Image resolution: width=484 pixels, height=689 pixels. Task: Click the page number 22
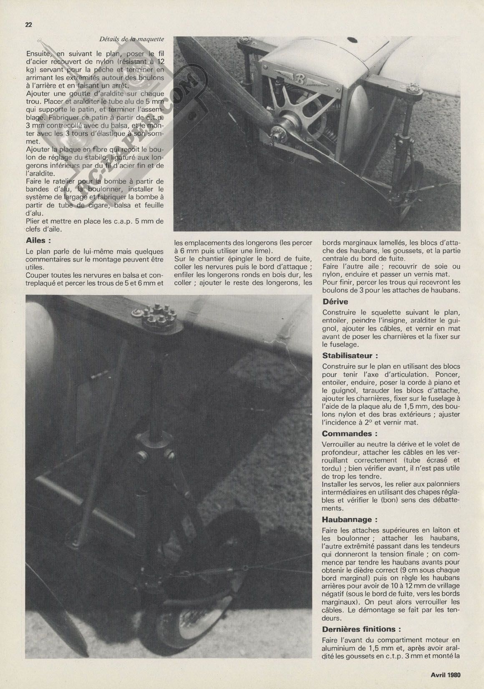click(x=29, y=24)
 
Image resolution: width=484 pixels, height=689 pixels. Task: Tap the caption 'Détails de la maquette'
click(x=131, y=39)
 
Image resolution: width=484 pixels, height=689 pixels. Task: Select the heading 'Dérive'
click(x=335, y=302)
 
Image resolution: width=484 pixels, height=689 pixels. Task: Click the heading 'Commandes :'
click(x=347, y=434)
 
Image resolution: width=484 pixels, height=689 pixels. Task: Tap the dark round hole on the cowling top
click(x=352, y=40)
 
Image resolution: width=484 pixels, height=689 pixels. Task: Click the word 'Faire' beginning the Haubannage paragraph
click(x=331, y=530)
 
